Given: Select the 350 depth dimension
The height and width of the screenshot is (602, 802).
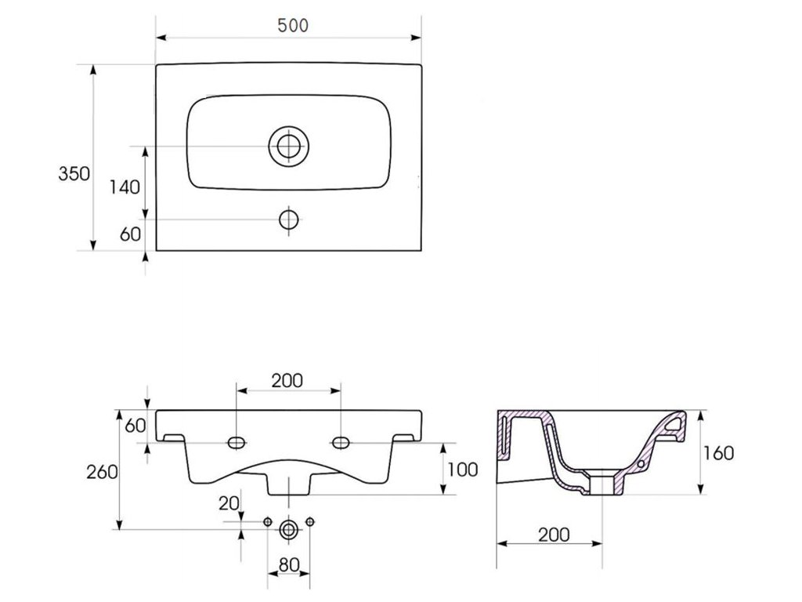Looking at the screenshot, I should tap(74, 174).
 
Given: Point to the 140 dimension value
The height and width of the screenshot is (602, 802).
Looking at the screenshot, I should tap(124, 187).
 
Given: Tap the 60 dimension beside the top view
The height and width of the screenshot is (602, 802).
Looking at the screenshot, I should tap(129, 233).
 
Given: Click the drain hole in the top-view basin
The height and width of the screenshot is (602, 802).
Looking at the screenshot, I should tap(289, 146).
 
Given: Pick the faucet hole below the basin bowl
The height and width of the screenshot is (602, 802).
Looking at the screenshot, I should tap(289, 219).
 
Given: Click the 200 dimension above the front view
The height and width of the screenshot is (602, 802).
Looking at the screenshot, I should tap(288, 381).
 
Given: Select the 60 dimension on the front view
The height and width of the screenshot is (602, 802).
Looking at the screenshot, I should tap(135, 426).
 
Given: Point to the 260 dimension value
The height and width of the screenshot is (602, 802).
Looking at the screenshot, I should tap(102, 472).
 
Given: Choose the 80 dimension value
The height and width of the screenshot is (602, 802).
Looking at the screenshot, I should tap(289, 564).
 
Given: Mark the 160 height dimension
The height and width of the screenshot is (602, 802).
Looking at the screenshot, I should tap(719, 453).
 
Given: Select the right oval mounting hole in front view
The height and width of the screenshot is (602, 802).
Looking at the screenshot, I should tap(341, 443).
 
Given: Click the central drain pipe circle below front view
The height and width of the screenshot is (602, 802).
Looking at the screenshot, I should tap(289, 529).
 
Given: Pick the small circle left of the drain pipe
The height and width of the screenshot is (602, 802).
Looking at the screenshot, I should tap(268, 521).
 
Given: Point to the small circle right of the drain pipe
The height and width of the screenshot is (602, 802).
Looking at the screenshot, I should tap(310, 521).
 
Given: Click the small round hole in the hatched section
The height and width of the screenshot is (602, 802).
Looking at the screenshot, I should tap(641, 464).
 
